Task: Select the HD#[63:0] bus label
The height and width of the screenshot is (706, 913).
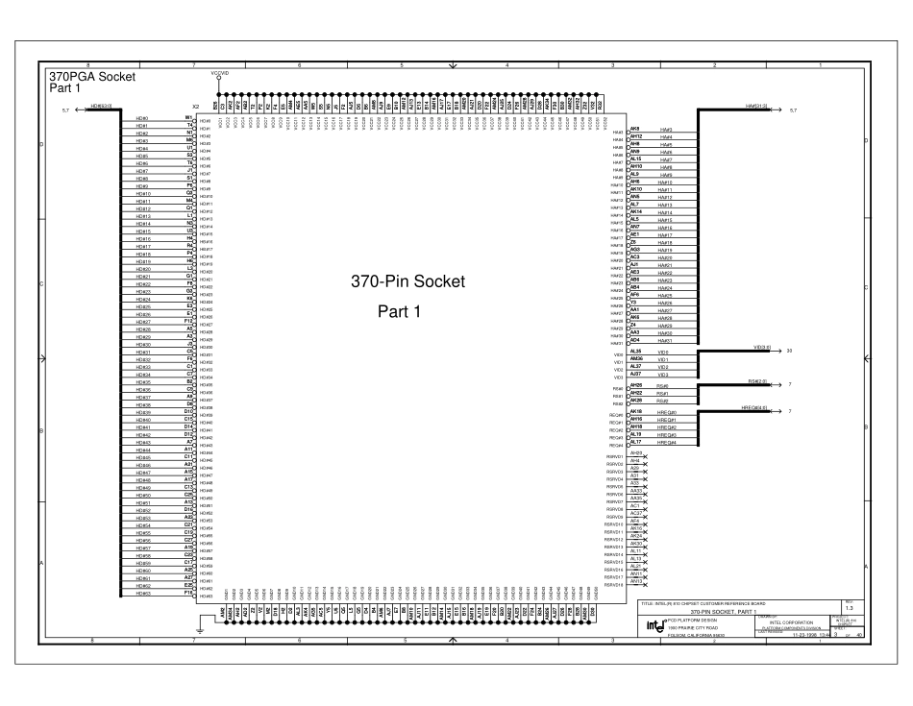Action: (x=101, y=106)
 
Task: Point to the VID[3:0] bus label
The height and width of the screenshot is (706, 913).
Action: (x=765, y=347)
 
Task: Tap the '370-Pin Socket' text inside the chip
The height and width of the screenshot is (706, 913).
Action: (x=409, y=282)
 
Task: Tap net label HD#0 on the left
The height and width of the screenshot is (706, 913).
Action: (x=141, y=117)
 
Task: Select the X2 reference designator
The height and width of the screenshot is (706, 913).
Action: (x=195, y=106)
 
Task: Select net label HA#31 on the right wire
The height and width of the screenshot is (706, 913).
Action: (x=664, y=340)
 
